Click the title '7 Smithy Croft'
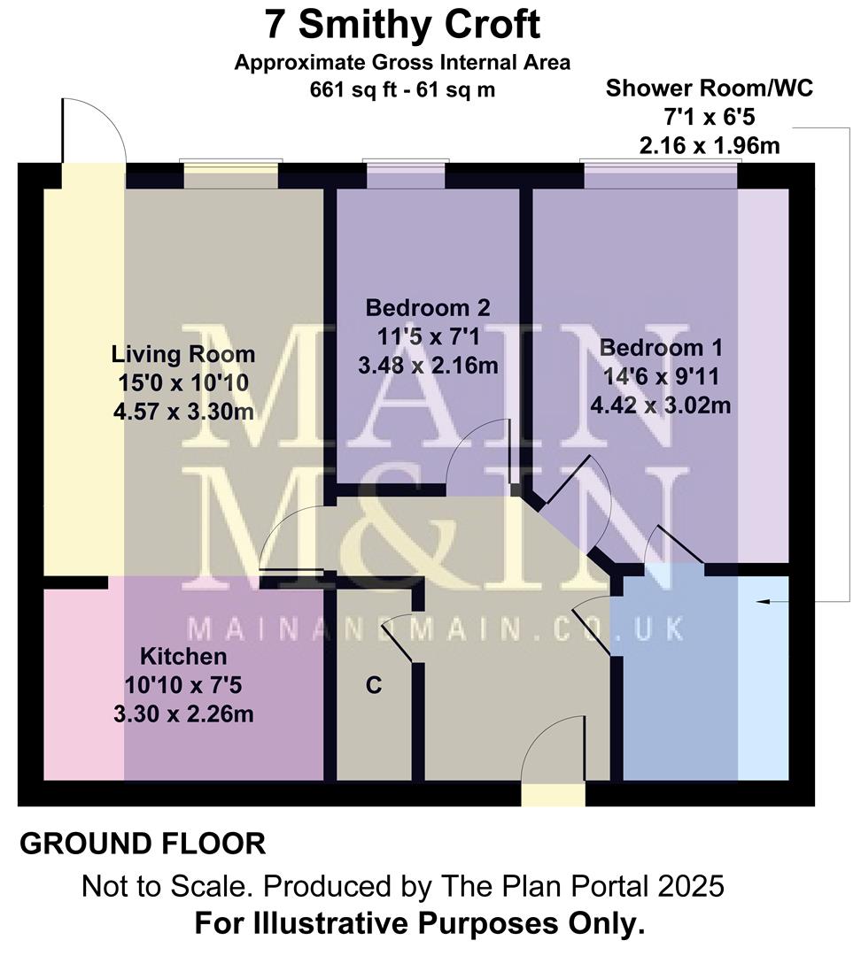pyautogui.click(x=403, y=24)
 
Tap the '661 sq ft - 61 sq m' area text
pyautogui.click(x=403, y=89)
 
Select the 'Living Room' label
pyautogui.click(x=183, y=355)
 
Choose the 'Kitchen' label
pyautogui.click(x=183, y=657)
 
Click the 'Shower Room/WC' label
pyautogui.click(x=709, y=89)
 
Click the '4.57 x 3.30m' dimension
pyautogui.click(x=183, y=412)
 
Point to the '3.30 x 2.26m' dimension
pyautogui.click(x=183, y=713)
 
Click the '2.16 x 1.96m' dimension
pyautogui.click(x=709, y=145)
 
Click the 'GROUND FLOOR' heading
pyautogui.click(x=142, y=844)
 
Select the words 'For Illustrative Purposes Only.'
pyautogui.click(x=419, y=924)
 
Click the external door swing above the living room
pyautogui.click(x=93, y=133)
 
